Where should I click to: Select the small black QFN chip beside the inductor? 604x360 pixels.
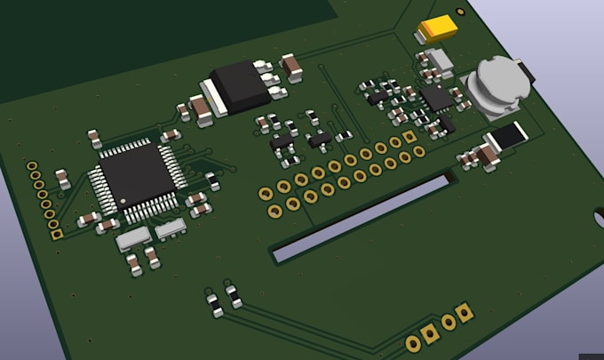[436, 97]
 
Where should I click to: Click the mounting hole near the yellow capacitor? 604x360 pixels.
[459, 12]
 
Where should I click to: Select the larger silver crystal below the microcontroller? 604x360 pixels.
[133, 237]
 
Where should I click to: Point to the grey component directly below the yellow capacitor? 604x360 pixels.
[436, 60]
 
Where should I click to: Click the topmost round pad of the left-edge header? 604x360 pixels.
[32, 166]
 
